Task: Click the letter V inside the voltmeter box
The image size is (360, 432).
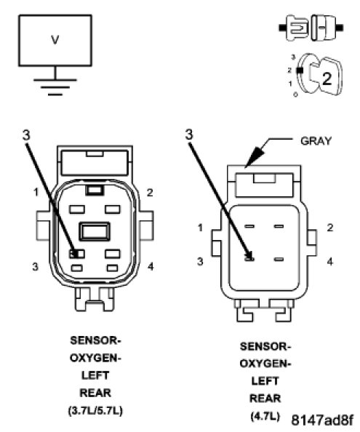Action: point(55,40)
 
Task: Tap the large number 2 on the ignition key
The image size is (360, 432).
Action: point(327,79)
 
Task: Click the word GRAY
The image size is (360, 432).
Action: point(316,141)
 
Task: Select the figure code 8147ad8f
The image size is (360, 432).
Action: point(322,420)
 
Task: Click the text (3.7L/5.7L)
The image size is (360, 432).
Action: point(95,411)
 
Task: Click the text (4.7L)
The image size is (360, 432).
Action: point(265,416)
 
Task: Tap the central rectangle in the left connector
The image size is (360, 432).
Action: point(95,231)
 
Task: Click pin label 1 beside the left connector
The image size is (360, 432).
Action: point(36,192)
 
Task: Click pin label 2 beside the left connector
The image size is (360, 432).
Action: point(150,193)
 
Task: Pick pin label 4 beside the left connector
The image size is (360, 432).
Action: point(151,266)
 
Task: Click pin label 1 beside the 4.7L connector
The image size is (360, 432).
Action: point(200,228)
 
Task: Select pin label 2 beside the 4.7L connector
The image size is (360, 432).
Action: point(330,228)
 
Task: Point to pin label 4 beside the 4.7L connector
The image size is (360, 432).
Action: point(330,262)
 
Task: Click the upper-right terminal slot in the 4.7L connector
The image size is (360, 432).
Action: point(279,226)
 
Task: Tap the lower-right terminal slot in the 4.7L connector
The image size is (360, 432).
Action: point(279,259)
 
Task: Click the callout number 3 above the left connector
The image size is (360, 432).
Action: point(26,135)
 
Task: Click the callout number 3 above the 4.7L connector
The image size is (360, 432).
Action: point(189,135)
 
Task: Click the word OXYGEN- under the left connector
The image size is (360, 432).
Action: point(95,358)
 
